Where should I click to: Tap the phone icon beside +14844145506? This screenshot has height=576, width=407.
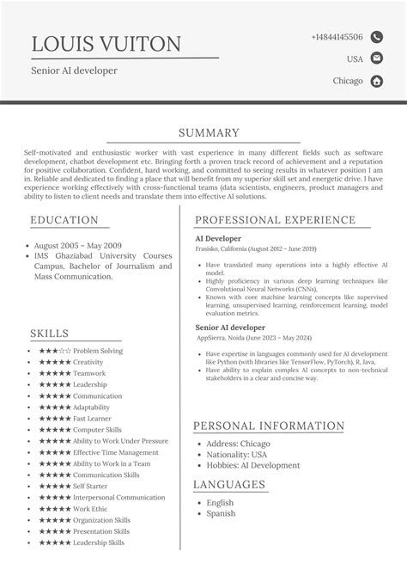376,37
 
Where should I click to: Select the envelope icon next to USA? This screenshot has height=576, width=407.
376,58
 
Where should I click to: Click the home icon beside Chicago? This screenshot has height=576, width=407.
376,81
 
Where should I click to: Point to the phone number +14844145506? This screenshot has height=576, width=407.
337,37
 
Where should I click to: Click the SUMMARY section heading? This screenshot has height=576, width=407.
209,132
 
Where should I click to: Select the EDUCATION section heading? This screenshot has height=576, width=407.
64,220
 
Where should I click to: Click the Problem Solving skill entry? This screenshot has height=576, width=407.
97,351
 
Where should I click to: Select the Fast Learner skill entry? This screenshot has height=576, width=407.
91,418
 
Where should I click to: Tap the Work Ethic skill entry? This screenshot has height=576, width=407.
90,509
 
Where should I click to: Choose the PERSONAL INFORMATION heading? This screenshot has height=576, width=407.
270,426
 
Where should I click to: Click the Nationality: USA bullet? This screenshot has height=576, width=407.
237,454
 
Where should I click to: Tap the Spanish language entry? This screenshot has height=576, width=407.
221,514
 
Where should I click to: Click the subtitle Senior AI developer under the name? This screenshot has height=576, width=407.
74,70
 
